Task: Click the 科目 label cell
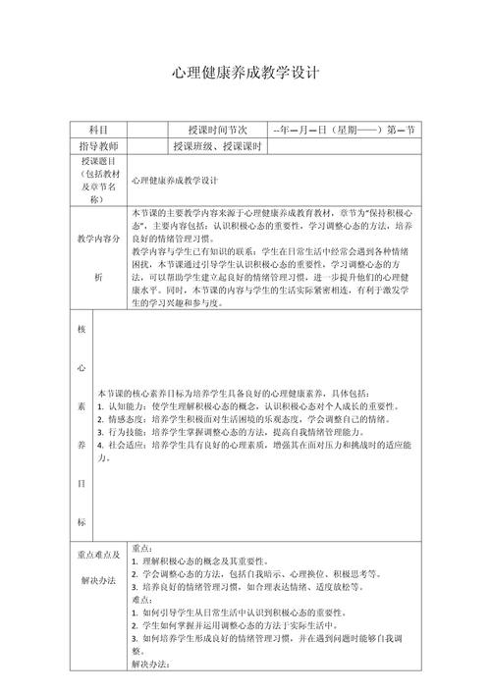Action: (x=97, y=130)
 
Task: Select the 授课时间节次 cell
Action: (x=218, y=130)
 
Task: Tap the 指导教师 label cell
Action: (x=97, y=146)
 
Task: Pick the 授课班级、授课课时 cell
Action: (x=218, y=146)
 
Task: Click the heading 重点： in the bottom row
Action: (x=142, y=548)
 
